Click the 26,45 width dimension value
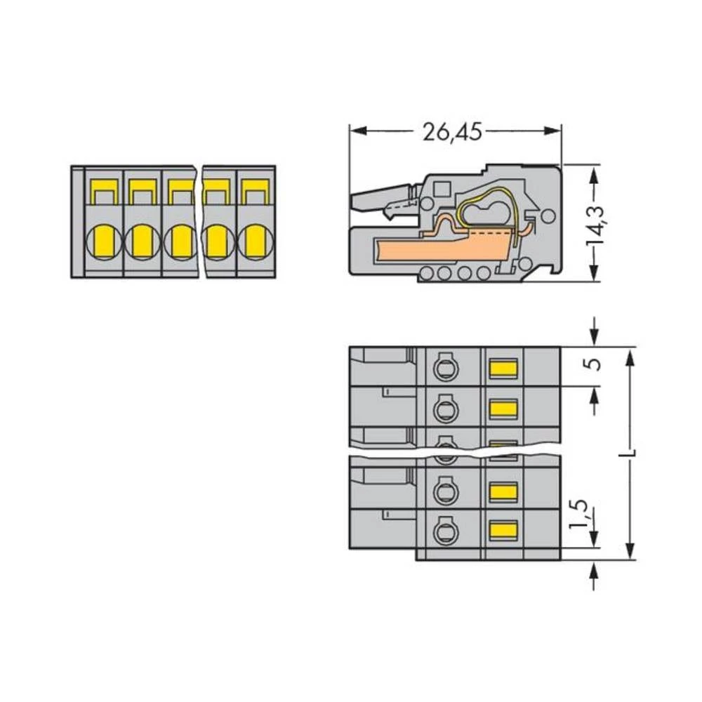pos(452,131)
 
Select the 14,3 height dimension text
pos(597,223)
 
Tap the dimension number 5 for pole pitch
pos(595,366)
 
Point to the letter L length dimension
pos(630,453)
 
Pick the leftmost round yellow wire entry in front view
pos(103,242)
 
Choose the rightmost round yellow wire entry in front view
pos(256,242)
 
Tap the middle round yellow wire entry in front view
pos(181,242)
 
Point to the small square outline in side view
pos(442,189)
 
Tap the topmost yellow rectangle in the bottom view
pos(503,367)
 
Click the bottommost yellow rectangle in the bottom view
pos(503,530)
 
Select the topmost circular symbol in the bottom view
pos(443,366)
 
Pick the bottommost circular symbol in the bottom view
pos(443,531)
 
